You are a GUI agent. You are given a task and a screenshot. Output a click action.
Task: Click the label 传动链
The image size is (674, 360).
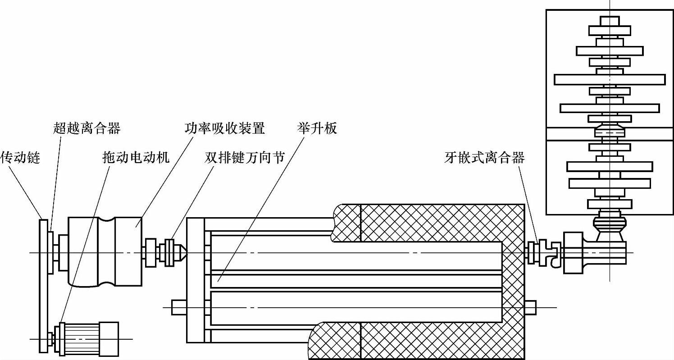[20, 158]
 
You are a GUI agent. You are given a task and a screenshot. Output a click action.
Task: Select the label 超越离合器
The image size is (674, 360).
[87, 128]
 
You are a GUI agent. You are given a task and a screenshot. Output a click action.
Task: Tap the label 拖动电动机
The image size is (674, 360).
[136, 158]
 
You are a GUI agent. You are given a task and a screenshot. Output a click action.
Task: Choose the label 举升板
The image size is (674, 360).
[317, 128]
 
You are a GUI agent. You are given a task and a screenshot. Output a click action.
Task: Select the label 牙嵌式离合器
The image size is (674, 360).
[484, 158]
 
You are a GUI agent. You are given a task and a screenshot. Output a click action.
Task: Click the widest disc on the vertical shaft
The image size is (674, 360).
[610, 79]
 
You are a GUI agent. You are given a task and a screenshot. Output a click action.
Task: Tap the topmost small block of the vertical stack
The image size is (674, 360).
[610, 21]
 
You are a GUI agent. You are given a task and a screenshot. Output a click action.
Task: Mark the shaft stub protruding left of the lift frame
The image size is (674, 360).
[178, 307]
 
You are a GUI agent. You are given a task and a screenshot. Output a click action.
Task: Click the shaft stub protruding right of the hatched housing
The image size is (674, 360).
[530, 307]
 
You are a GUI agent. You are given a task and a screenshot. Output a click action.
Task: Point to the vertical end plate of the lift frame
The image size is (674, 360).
[195, 279]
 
